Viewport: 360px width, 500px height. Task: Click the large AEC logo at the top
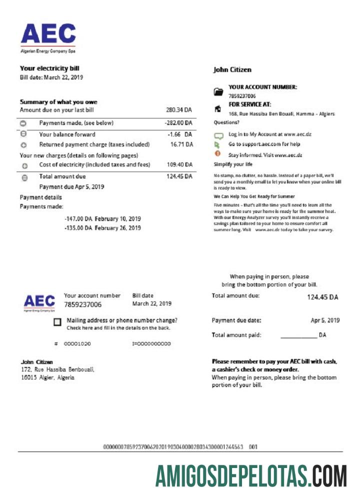tap(48, 35)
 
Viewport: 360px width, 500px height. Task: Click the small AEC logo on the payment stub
tap(39, 301)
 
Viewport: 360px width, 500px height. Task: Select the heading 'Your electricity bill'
tap(49, 68)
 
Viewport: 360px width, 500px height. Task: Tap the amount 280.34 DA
tap(179, 110)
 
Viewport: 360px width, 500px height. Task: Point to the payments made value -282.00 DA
tap(178, 123)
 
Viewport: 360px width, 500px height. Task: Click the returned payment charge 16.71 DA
tap(182, 144)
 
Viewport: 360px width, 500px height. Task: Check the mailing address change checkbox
tap(57, 323)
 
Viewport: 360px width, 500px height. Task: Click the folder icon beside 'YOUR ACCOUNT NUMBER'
tap(218, 92)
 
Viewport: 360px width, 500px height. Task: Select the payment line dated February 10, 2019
tap(102, 219)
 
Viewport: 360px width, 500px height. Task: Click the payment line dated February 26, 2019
tap(102, 228)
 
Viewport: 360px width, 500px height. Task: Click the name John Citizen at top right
tap(232, 70)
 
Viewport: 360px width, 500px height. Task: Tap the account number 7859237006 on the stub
tap(82, 304)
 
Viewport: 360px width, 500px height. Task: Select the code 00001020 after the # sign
tap(77, 344)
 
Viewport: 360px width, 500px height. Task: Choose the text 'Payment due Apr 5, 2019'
tap(71, 186)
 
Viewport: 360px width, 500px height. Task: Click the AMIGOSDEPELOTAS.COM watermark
tap(251, 475)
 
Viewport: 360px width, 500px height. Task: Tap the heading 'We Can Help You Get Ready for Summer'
tap(254, 196)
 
